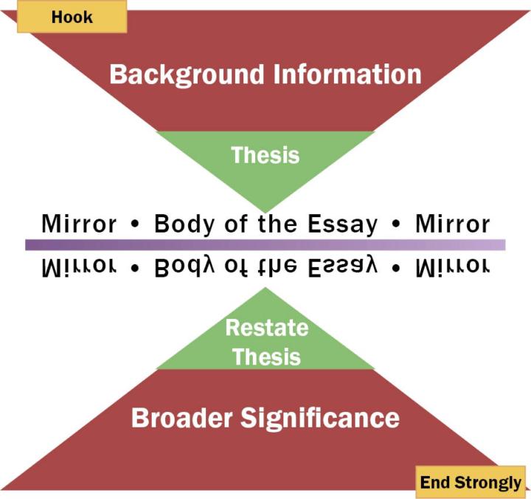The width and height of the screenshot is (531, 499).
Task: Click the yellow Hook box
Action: [x=72, y=16]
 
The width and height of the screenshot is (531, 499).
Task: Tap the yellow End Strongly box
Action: [x=471, y=483]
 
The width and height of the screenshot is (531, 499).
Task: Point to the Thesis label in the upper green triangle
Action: [x=265, y=155]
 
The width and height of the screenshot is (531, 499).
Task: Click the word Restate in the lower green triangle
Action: [x=265, y=327]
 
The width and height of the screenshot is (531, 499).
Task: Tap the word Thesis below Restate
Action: [x=265, y=357]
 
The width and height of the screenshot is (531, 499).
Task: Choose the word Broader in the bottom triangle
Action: [x=181, y=419]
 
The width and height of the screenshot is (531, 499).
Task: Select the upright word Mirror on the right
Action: [x=452, y=224]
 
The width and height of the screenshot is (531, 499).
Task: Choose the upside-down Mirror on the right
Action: [x=452, y=266]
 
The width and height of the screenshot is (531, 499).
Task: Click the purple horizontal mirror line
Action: [x=265, y=244]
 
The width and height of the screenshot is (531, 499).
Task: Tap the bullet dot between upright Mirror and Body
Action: [x=135, y=224]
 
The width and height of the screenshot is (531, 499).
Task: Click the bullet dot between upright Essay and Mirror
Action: [x=397, y=224]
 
